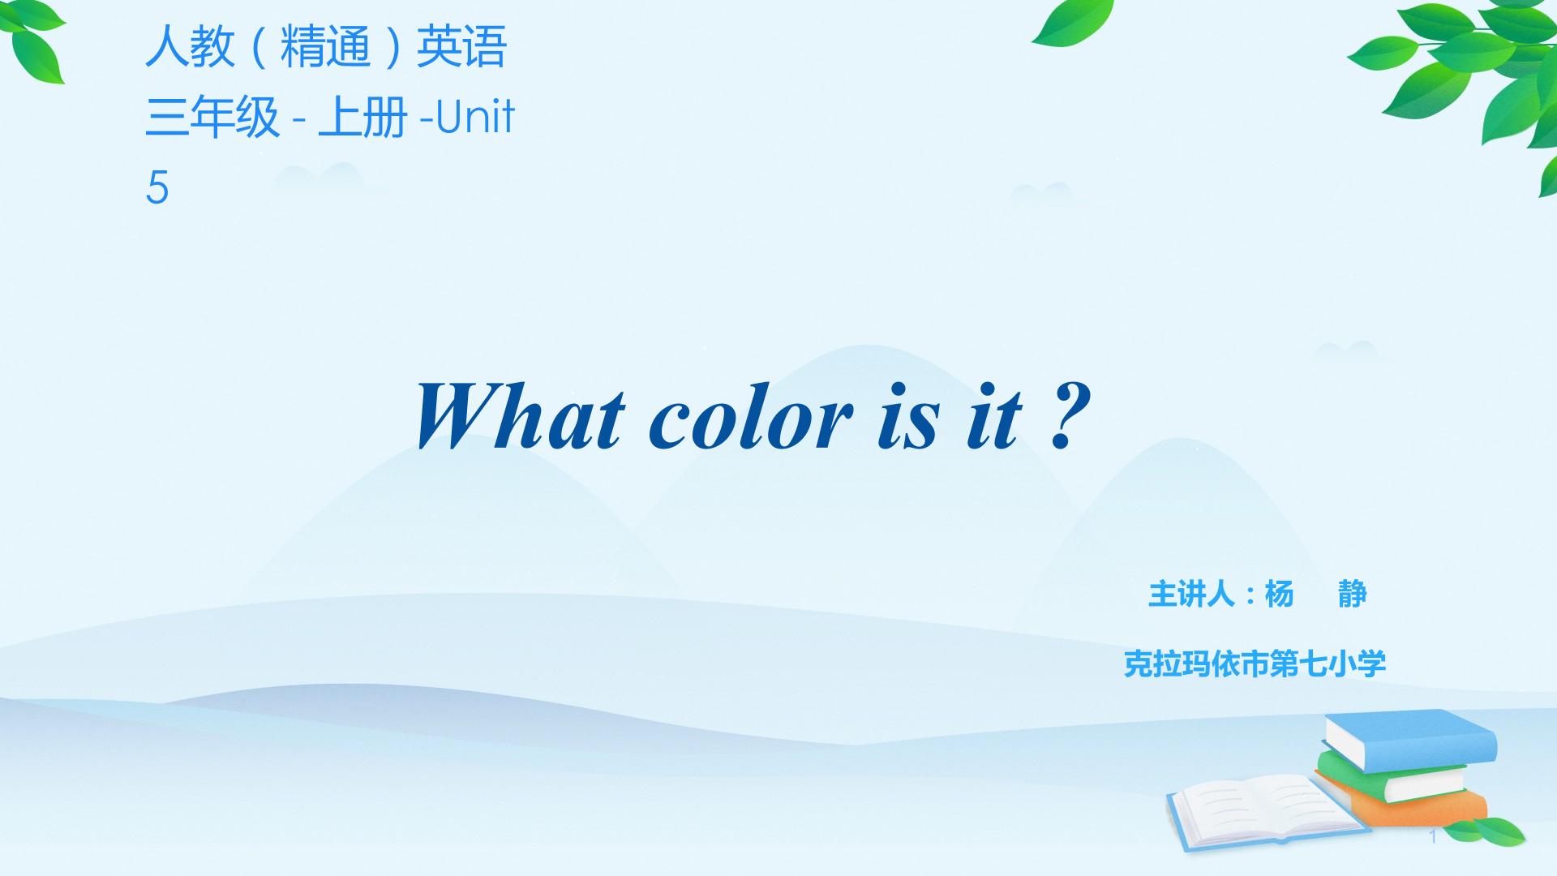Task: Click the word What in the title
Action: point(520,416)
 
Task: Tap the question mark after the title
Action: point(1068,417)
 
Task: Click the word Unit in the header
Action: point(475,117)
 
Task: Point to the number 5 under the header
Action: point(157,187)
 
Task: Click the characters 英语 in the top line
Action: point(461,46)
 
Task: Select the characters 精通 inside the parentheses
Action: point(325,46)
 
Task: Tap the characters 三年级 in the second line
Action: point(212,117)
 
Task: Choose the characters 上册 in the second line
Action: point(362,117)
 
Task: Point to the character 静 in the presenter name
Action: point(1353,595)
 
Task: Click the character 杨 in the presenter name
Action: point(1280,595)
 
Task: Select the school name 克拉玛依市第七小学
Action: point(1255,663)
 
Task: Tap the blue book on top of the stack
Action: point(1410,740)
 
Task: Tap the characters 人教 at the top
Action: point(190,46)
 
